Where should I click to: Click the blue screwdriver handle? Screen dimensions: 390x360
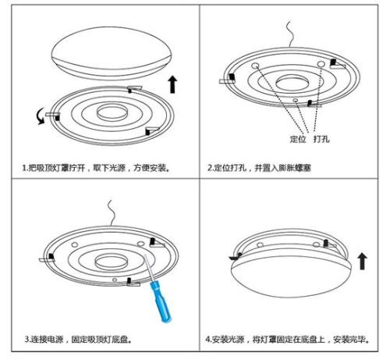161,302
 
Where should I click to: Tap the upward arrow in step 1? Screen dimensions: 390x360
172,84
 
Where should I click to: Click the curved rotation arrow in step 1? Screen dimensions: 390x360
40,117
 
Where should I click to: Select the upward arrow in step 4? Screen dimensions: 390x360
362,262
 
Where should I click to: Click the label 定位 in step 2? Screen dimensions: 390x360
298,139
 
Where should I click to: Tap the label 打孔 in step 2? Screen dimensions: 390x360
321,139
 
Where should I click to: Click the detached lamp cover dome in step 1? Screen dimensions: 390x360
112,53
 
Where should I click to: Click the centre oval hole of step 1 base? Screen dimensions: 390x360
112,112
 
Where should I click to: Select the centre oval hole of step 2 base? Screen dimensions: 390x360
292,83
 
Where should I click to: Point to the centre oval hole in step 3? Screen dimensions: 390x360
111,262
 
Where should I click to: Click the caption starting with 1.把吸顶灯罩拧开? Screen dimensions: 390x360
96,168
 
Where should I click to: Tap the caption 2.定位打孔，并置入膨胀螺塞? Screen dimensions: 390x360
259,168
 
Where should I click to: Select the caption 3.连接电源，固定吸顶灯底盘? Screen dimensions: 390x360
78,340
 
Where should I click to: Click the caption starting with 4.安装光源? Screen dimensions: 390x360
287,340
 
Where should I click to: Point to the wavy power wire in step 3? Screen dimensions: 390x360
112,213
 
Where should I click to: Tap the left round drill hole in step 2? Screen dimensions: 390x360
255,66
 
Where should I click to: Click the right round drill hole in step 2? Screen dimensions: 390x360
321,64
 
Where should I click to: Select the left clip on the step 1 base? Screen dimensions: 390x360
53,116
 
